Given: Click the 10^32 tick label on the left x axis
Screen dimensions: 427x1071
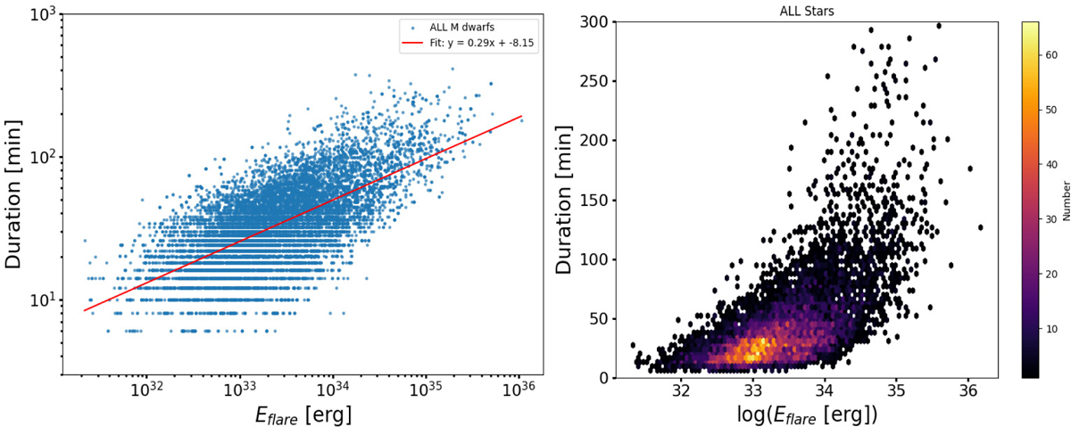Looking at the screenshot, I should point(145,390).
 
